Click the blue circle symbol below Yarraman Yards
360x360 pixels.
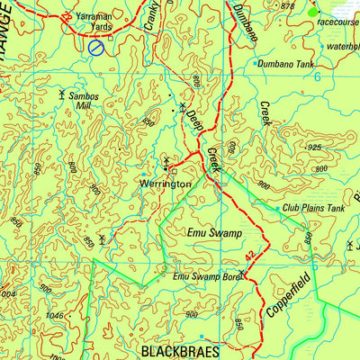coord(96,47)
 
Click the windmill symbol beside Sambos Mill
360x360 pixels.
coord(61,94)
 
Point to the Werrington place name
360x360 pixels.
coord(165,183)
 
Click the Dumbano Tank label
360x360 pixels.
coord(287,65)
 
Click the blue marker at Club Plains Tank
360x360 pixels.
coord(277,208)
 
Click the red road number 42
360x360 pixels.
coord(250,258)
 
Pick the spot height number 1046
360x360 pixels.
coord(55,316)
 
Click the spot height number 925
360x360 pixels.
coord(314,147)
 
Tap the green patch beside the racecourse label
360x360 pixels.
coord(312,13)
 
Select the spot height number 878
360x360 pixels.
coord(287,6)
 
